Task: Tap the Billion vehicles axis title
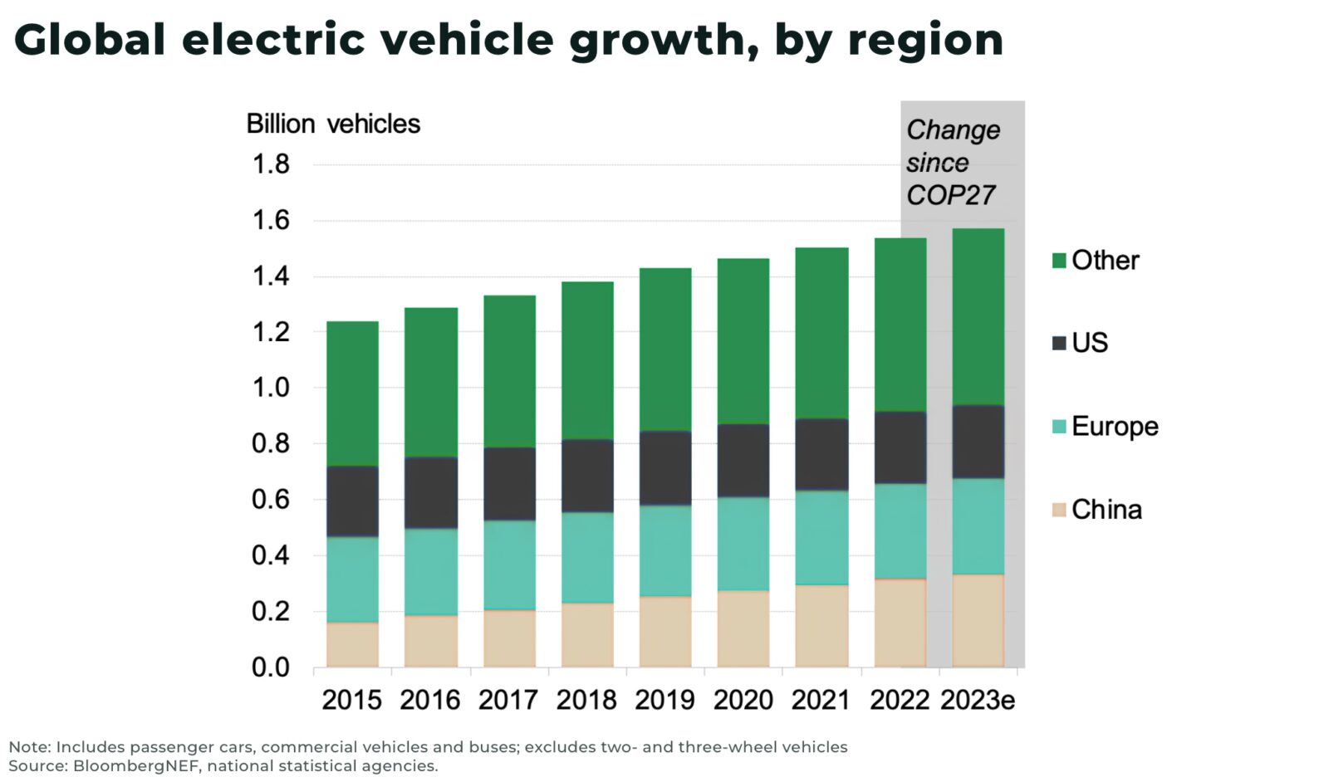pyautogui.click(x=333, y=124)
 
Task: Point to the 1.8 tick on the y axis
pyautogui.click(x=271, y=164)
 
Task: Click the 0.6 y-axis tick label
pyautogui.click(x=271, y=499)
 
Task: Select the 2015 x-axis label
pyautogui.click(x=351, y=700)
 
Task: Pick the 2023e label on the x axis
pyautogui.click(x=978, y=700)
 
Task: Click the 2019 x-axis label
pyautogui.click(x=664, y=700)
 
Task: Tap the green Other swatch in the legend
pyautogui.click(x=1059, y=261)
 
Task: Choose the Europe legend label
pyautogui.click(x=1114, y=426)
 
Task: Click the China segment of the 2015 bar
pyautogui.click(x=352, y=644)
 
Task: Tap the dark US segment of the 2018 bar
pyautogui.click(x=587, y=476)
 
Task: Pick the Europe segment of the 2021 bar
pyautogui.click(x=821, y=537)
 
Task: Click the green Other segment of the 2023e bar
pyautogui.click(x=978, y=316)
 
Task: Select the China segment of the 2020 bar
pyautogui.click(x=743, y=628)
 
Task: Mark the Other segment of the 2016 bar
pyautogui.click(x=430, y=382)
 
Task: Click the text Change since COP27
pyautogui.click(x=952, y=163)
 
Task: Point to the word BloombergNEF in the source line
pyautogui.click(x=136, y=765)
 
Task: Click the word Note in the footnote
pyautogui.click(x=28, y=746)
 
